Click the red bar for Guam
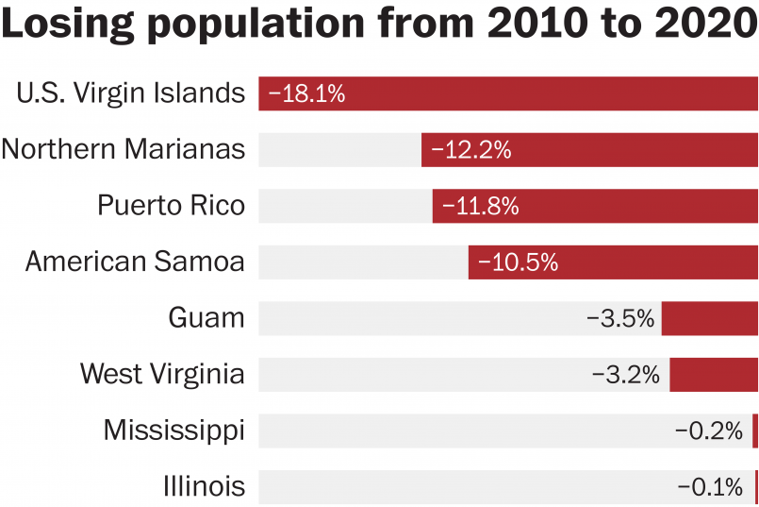709,318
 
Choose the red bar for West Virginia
714,375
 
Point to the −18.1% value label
306,93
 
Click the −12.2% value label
470,149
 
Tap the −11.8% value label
480,206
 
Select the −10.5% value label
518,262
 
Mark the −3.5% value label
620,318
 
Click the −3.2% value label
625,375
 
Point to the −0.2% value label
709,431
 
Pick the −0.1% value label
711,487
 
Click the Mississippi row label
173,431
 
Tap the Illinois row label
204,487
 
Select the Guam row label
206,318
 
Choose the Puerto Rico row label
171,206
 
